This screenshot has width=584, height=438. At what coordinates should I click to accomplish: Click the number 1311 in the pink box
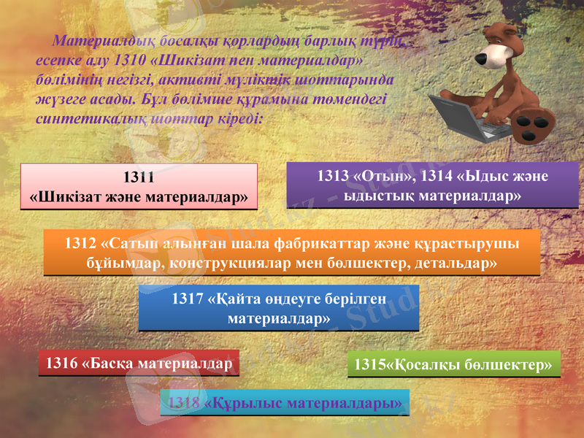(139, 177)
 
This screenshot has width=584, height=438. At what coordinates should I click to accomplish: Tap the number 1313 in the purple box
(333, 177)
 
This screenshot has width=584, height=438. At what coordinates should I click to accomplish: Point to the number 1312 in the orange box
(80, 243)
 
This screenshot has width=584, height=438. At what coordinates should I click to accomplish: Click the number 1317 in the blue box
(187, 299)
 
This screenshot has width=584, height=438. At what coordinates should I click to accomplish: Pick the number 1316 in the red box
(61, 362)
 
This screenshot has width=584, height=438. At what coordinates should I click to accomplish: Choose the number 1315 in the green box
(370, 364)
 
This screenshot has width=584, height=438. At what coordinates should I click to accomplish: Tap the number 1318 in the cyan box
(185, 402)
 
